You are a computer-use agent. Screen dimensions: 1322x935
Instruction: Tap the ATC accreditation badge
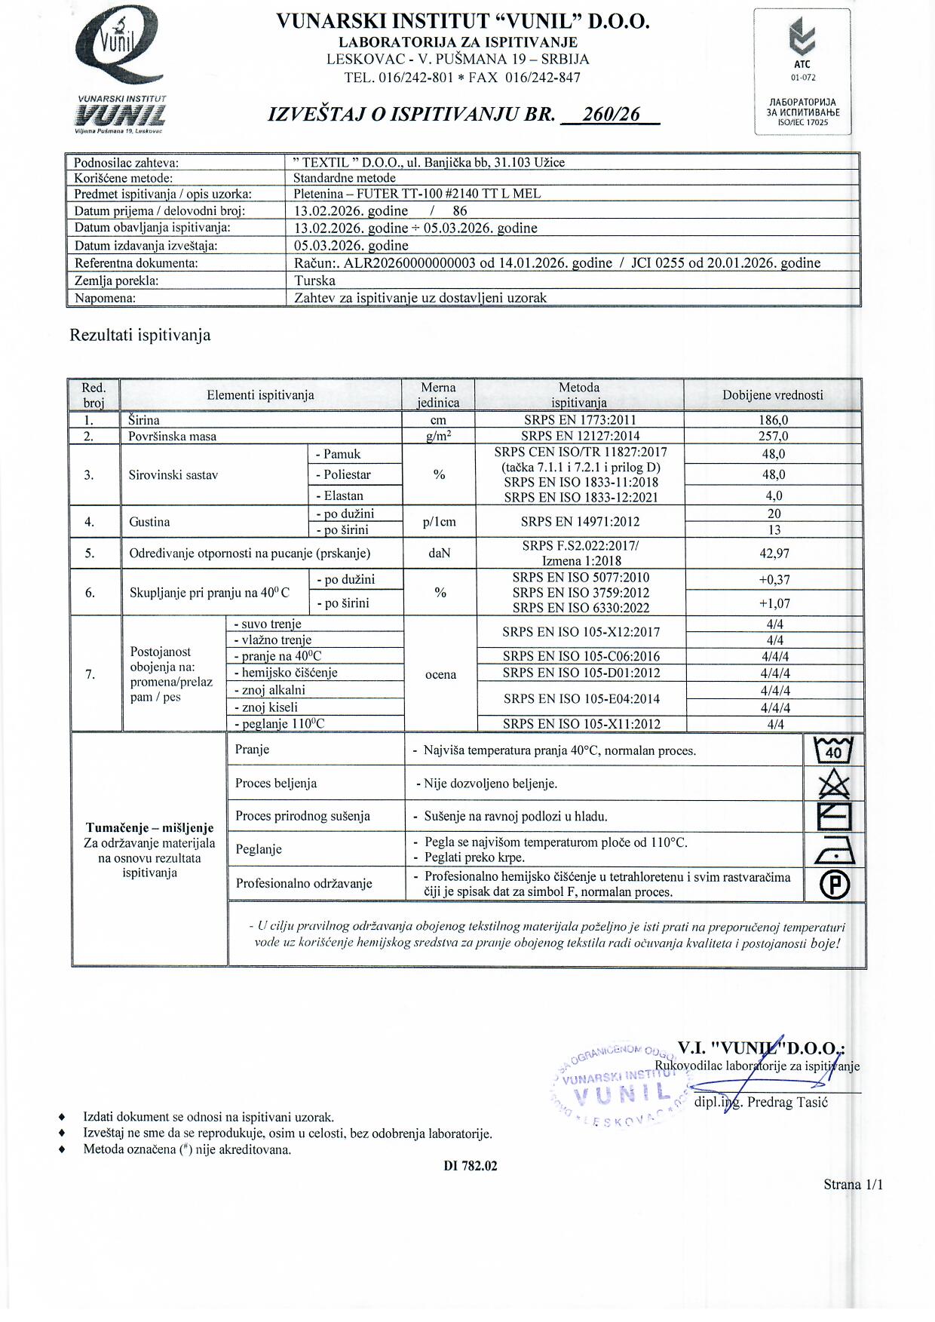coord(803,72)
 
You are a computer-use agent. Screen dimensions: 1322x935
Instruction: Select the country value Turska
coord(314,281)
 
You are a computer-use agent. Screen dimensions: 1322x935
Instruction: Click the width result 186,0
coord(773,420)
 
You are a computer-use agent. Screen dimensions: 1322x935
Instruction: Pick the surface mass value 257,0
coord(773,436)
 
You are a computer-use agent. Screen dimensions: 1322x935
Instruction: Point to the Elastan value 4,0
coord(774,495)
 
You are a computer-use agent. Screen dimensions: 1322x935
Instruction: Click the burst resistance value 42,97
coord(774,553)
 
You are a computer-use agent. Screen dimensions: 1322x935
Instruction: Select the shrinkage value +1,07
coord(774,603)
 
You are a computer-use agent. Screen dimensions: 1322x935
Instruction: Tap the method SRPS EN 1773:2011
coord(579,420)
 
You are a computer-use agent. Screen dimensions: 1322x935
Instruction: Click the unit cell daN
coord(439,553)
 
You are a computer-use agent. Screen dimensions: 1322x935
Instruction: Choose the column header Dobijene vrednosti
coord(773,394)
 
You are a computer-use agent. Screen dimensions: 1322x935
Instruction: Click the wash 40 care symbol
coord(834,750)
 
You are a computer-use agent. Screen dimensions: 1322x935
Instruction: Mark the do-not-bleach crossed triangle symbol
coord(834,785)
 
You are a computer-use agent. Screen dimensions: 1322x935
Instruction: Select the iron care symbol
coord(834,850)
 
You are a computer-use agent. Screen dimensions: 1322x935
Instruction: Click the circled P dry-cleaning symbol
coord(834,885)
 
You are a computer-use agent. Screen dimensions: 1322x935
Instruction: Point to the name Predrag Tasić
coord(787,1103)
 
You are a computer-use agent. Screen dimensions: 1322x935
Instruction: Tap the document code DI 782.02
coord(471,1166)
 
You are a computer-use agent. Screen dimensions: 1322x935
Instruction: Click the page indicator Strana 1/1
coord(853,1185)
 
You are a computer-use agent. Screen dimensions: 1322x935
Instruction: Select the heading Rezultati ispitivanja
coord(140,335)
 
